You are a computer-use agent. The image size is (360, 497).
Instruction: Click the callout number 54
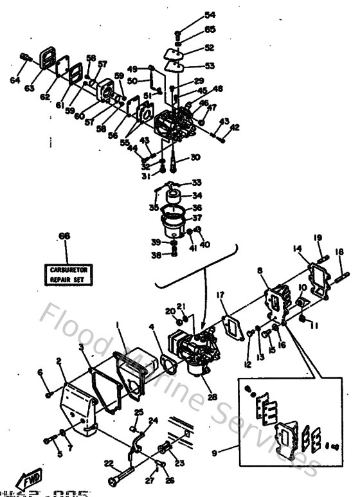click(192, 15)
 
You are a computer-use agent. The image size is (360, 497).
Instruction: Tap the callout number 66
click(63, 237)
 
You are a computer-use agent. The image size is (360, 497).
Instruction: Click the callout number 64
click(15, 80)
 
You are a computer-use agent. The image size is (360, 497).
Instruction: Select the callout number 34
click(196, 195)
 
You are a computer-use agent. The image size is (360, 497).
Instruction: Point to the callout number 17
click(221, 296)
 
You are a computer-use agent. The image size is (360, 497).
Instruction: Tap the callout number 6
click(40, 373)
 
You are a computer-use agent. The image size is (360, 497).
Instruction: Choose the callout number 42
click(234, 127)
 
